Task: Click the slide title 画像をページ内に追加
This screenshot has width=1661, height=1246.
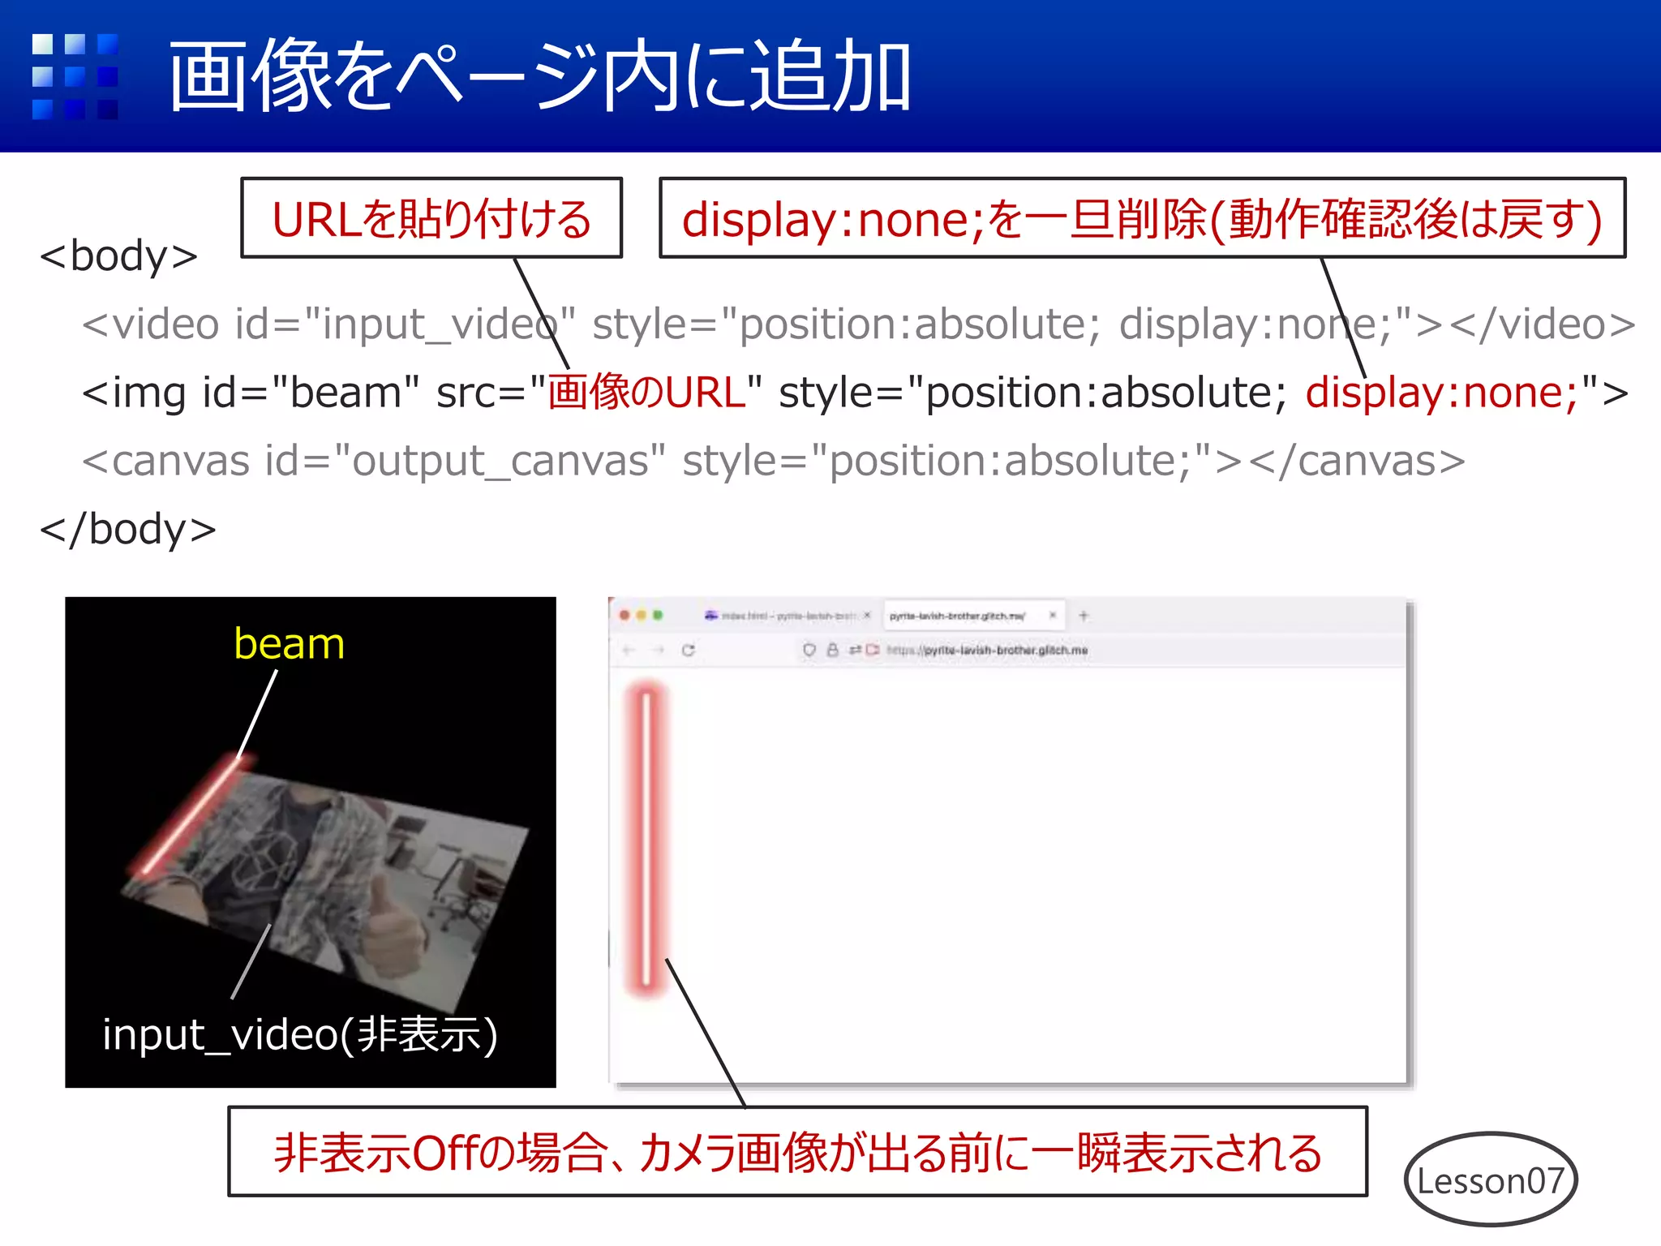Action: (539, 77)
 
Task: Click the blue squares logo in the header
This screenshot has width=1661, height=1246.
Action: (75, 77)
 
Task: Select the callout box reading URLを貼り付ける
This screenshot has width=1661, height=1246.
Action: (431, 219)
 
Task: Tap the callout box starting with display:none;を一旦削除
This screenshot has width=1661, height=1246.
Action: (1142, 219)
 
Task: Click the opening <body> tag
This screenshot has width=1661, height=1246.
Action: (118, 256)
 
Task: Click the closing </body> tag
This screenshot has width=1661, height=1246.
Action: (128, 530)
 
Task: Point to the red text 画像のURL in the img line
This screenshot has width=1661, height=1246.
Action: (646, 393)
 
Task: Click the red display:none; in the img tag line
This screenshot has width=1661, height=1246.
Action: (1441, 393)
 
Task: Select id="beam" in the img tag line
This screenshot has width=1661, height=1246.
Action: (311, 393)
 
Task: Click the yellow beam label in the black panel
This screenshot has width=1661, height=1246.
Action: (289, 644)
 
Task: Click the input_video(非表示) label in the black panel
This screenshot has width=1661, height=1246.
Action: (300, 1034)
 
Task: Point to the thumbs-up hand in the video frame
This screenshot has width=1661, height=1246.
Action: (389, 933)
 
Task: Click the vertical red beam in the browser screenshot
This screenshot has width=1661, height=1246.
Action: (646, 840)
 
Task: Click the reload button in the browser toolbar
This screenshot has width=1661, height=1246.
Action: (689, 651)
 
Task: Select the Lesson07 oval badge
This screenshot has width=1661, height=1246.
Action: (1491, 1180)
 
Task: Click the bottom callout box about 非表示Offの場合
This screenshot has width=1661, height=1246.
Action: (797, 1152)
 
